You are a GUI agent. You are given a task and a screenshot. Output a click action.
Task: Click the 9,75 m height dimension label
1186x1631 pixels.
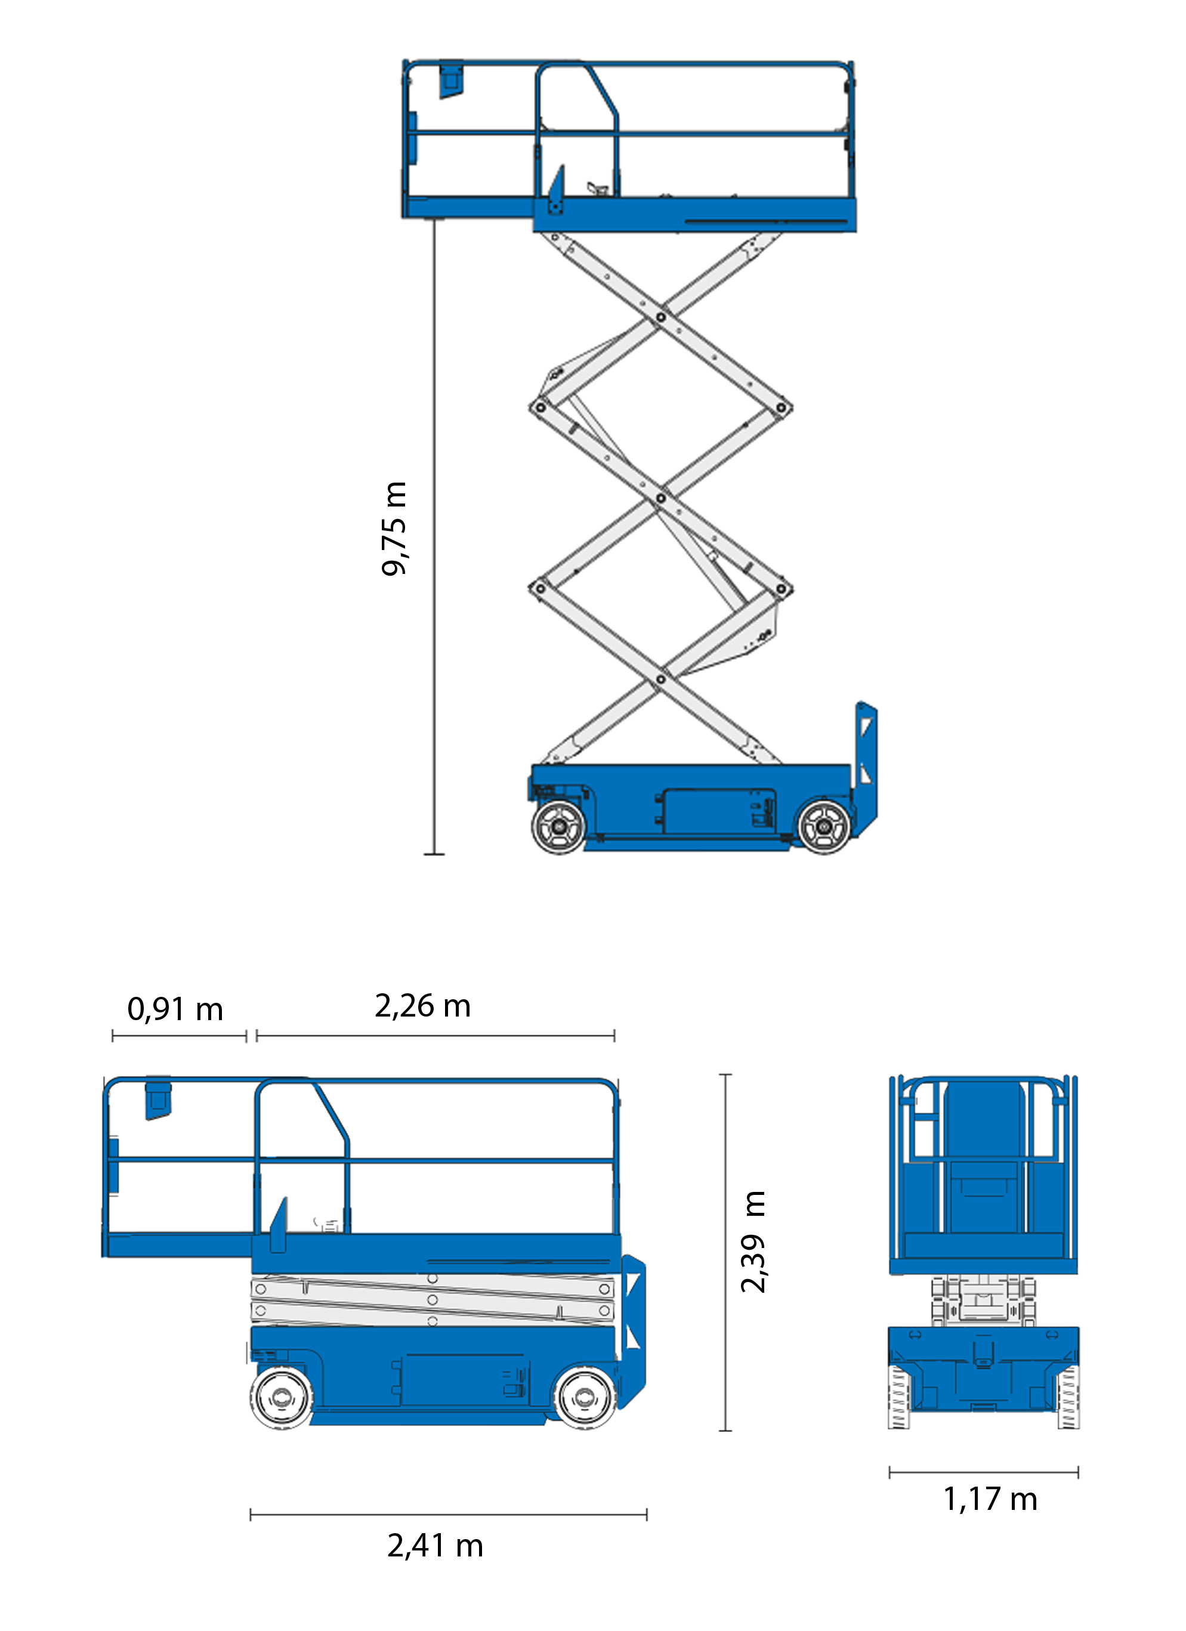(x=394, y=529)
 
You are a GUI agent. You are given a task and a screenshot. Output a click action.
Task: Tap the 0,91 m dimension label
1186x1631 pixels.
(x=175, y=1009)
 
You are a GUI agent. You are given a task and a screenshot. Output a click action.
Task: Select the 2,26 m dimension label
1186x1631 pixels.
(x=423, y=1006)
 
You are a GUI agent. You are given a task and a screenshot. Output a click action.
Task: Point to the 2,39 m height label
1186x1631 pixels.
(x=753, y=1243)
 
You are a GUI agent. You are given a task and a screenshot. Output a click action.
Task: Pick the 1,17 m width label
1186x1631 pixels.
(x=990, y=1499)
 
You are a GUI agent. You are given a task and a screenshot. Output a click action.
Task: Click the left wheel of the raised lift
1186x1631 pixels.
(x=558, y=827)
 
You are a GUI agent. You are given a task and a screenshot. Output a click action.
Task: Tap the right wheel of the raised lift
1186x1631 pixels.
(x=824, y=827)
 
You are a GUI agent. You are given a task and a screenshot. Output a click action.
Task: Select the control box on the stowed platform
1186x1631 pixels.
(x=158, y=1098)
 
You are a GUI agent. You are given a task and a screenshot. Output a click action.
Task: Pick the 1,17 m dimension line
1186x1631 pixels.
(x=984, y=1472)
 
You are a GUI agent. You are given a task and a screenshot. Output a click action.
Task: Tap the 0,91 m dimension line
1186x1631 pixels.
(x=179, y=1036)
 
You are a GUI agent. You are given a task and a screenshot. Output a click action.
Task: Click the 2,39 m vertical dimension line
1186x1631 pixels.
(x=725, y=1253)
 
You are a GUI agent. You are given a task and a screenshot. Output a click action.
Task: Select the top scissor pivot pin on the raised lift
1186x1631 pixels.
(x=661, y=316)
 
